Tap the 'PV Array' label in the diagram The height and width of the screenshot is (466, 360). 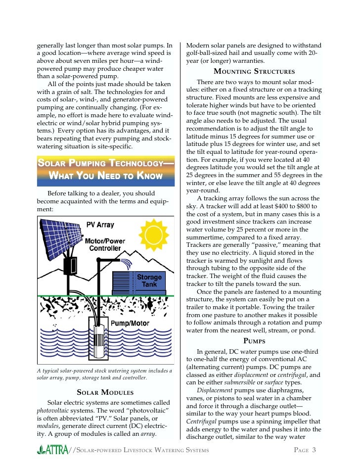coord(100,225)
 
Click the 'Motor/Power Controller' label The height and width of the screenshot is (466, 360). coord(105,244)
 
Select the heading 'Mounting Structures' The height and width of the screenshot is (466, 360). coord(254,72)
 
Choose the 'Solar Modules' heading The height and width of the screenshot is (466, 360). coord(104,392)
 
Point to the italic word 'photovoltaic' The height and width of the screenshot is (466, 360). coord(54,411)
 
